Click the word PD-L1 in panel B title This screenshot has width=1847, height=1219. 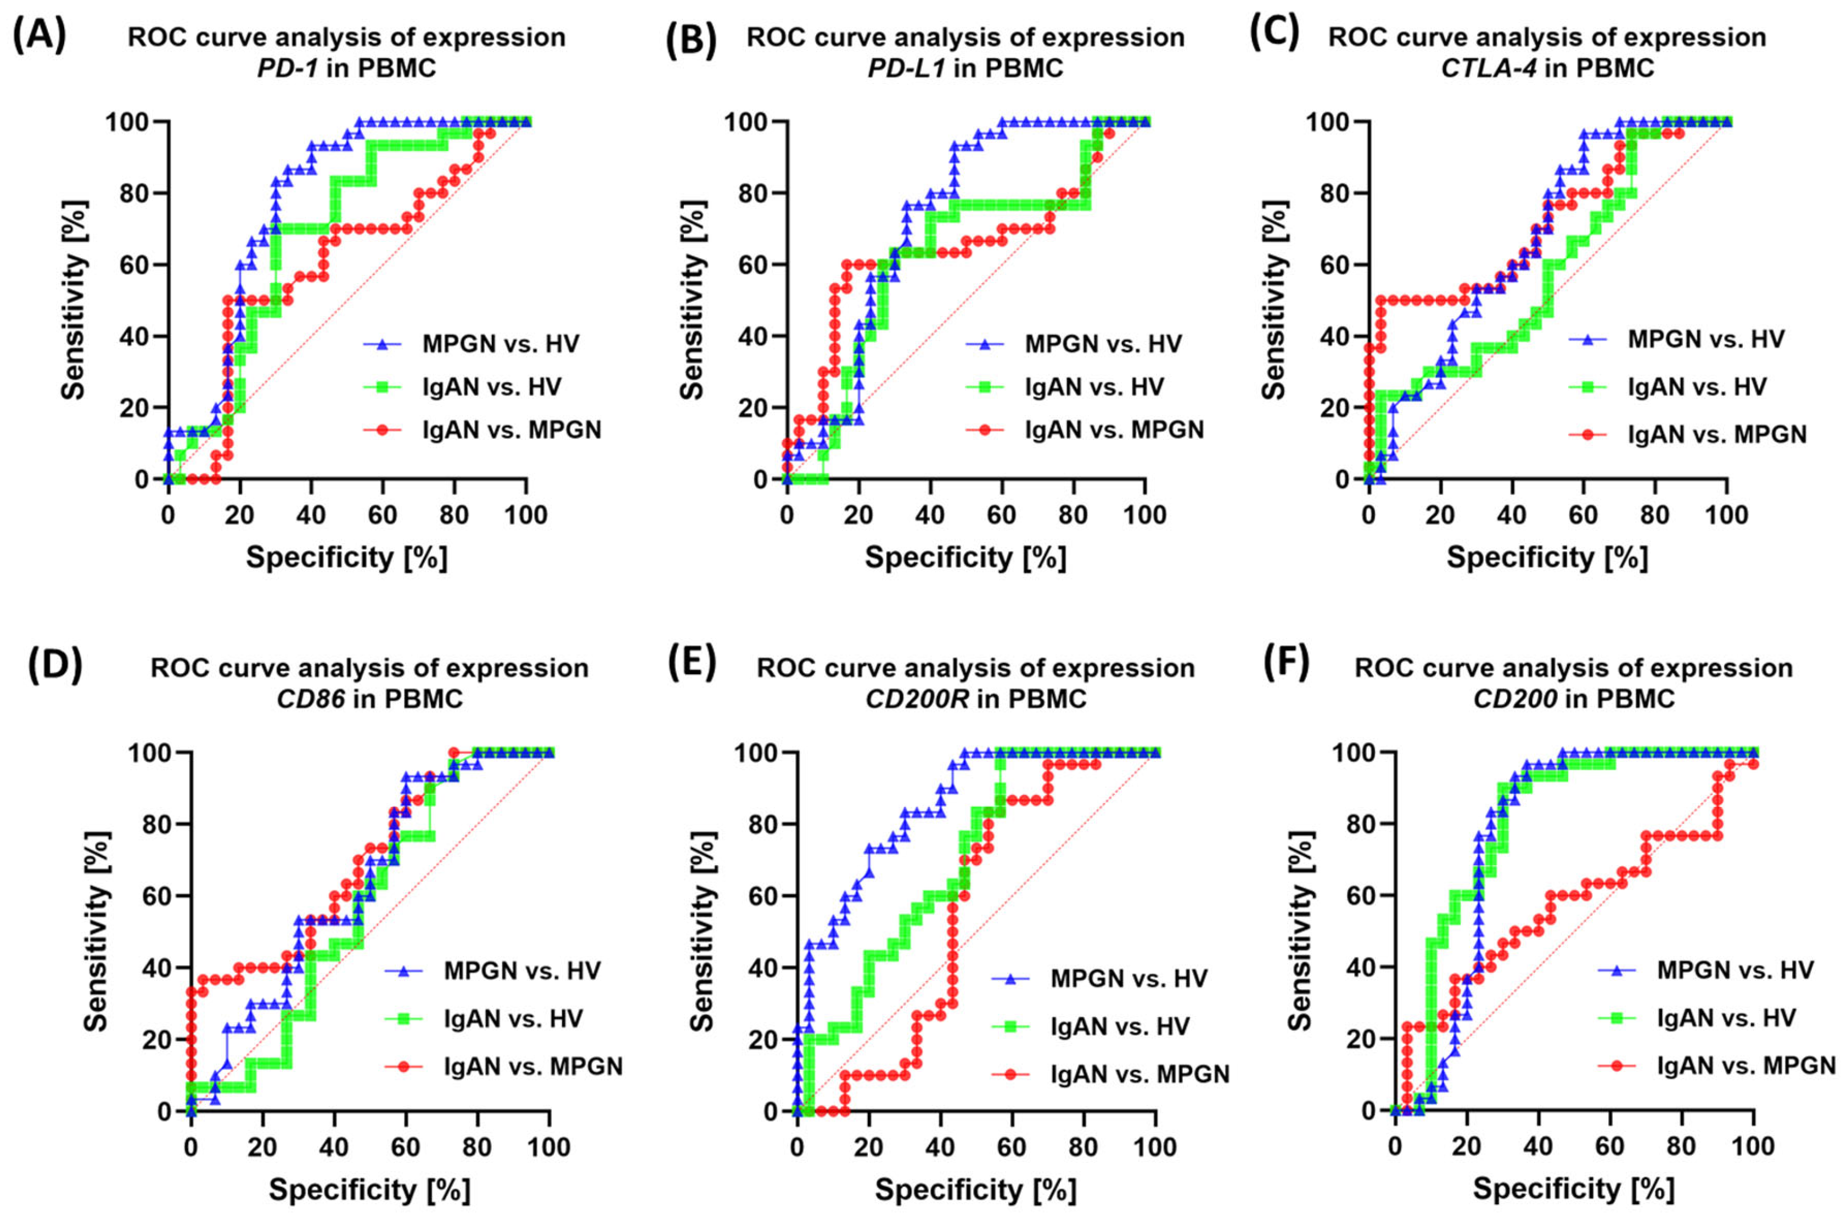(x=907, y=69)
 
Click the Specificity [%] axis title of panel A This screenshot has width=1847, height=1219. (x=347, y=557)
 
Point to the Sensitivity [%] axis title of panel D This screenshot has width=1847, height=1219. (x=97, y=932)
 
